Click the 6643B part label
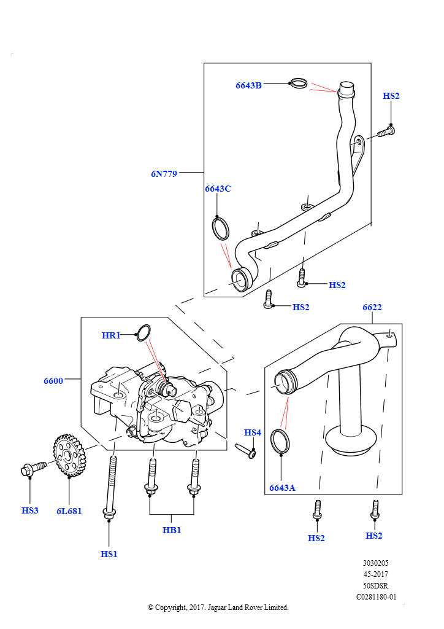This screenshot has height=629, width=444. point(248,85)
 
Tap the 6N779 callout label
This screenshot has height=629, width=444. point(164,174)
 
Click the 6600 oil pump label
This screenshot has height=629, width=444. point(53,381)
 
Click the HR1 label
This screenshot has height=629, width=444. point(111,335)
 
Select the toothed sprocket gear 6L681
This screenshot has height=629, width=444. point(67,455)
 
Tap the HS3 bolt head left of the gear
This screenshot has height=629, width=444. point(27,470)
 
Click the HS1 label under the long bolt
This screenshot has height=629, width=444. point(109,554)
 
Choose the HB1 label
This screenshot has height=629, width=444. point(172,530)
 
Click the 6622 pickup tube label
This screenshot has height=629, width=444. point(372,307)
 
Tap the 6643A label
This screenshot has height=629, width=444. point(282,488)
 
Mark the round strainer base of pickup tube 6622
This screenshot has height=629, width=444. point(351,441)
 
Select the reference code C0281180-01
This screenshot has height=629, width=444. point(377,597)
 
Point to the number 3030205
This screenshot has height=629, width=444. point(375,563)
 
